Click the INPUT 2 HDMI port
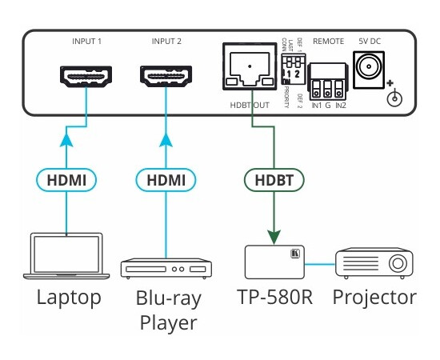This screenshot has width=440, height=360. [166, 78]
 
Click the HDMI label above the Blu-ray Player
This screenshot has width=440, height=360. [166, 178]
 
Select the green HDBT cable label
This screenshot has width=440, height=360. [274, 178]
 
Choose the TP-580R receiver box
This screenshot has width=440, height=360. [274, 262]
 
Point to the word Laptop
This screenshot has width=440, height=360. [69, 299]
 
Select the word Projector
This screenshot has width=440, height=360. [374, 299]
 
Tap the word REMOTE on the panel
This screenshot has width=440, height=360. [328, 40]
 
